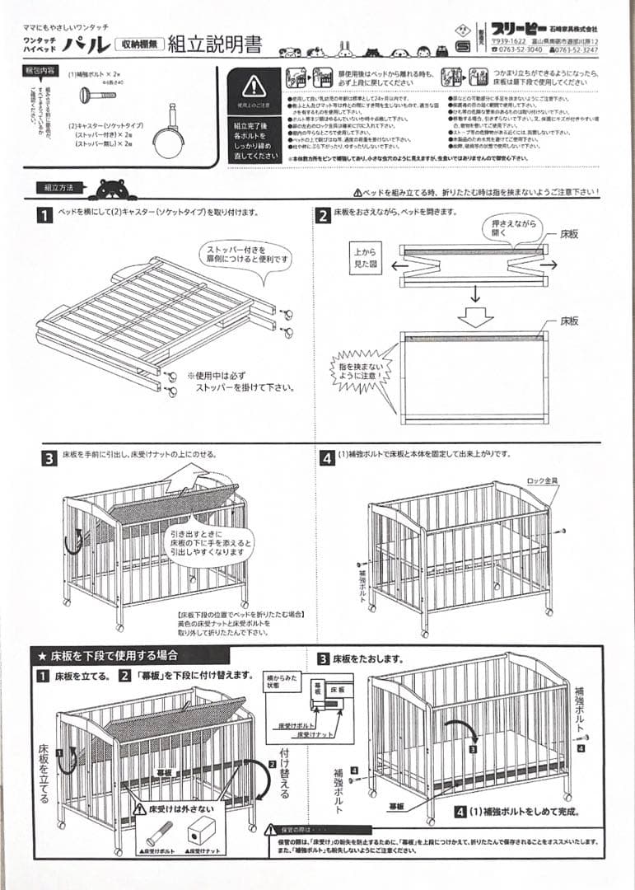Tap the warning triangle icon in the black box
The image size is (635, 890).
[254, 84]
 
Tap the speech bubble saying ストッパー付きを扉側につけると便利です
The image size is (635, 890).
[245, 253]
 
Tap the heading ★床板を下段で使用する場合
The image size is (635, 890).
[107, 657]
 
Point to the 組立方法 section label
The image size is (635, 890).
[58, 188]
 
